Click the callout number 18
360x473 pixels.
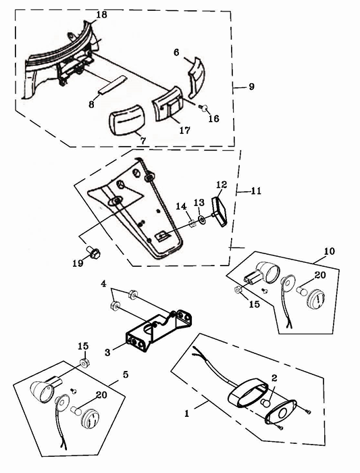click(101, 14)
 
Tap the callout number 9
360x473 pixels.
click(251, 86)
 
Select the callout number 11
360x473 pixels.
click(256, 191)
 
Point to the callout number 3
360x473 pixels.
click(107, 352)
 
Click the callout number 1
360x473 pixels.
click(187, 414)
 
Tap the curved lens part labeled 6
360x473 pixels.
click(197, 77)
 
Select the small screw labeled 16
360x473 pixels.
click(203, 107)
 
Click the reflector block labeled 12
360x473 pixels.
click(220, 211)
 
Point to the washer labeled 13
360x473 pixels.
click(202, 219)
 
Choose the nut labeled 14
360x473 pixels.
click(192, 224)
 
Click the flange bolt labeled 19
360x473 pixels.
click(94, 253)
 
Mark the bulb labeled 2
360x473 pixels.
click(265, 403)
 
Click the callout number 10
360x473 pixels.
click(330, 251)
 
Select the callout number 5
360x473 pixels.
click(126, 374)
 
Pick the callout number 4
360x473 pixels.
click(104, 284)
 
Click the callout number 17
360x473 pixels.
click(185, 130)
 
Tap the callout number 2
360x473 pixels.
click(274, 378)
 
